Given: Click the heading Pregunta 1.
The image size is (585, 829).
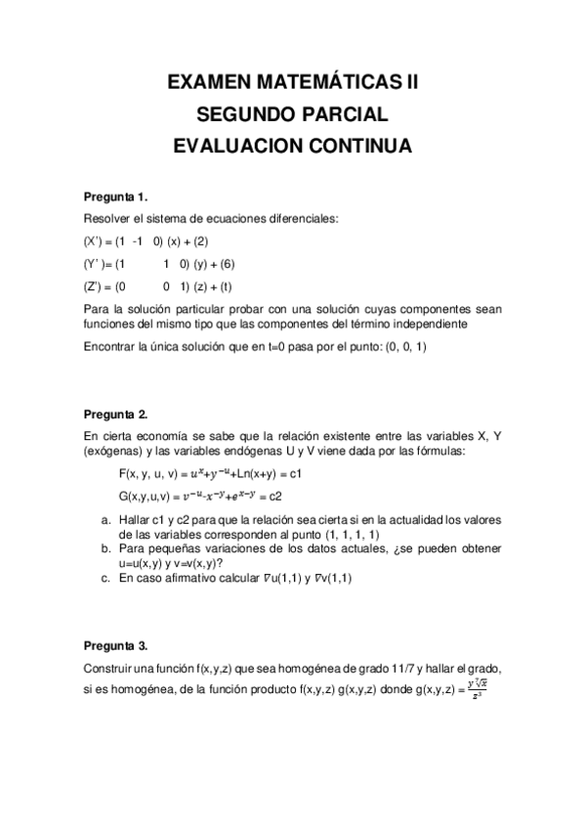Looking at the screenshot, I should pyautogui.click(x=115, y=196).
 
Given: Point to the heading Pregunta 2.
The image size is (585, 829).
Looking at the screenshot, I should pyautogui.click(x=115, y=414).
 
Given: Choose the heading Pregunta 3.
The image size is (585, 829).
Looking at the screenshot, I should pyautogui.click(x=115, y=646).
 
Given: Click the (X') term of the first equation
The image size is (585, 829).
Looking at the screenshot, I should pyautogui.click(x=95, y=240).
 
